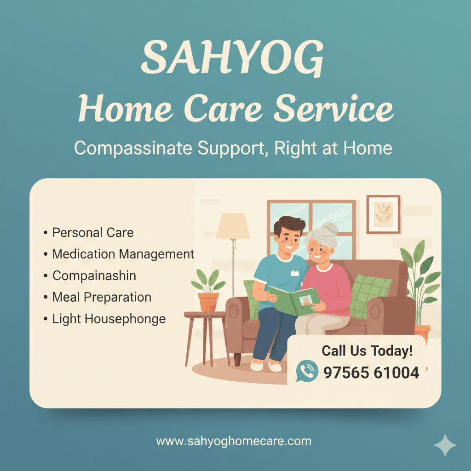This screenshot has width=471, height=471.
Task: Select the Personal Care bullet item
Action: pyautogui.click(x=92, y=232)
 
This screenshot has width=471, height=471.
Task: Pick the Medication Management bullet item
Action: pyautogui.click(x=123, y=254)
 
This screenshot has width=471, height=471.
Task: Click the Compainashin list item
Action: pyautogui.click(x=94, y=276)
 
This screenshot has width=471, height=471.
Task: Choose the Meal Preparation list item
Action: pyautogui.click(x=101, y=297)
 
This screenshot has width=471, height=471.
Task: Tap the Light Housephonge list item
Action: pyautogui.click(x=109, y=318)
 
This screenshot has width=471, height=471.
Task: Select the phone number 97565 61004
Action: pyautogui.click(x=371, y=372)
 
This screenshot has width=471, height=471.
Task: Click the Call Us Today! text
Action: pyautogui.click(x=367, y=350)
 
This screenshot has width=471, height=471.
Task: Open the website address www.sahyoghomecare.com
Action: pyautogui.click(x=234, y=442)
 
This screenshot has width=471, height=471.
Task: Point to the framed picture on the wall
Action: pyautogui.click(x=383, y=214)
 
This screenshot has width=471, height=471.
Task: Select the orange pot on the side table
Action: pyautogui.click(x=208, y=302)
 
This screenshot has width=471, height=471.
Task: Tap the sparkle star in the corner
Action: pyautogui.click(x=445, y=445)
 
